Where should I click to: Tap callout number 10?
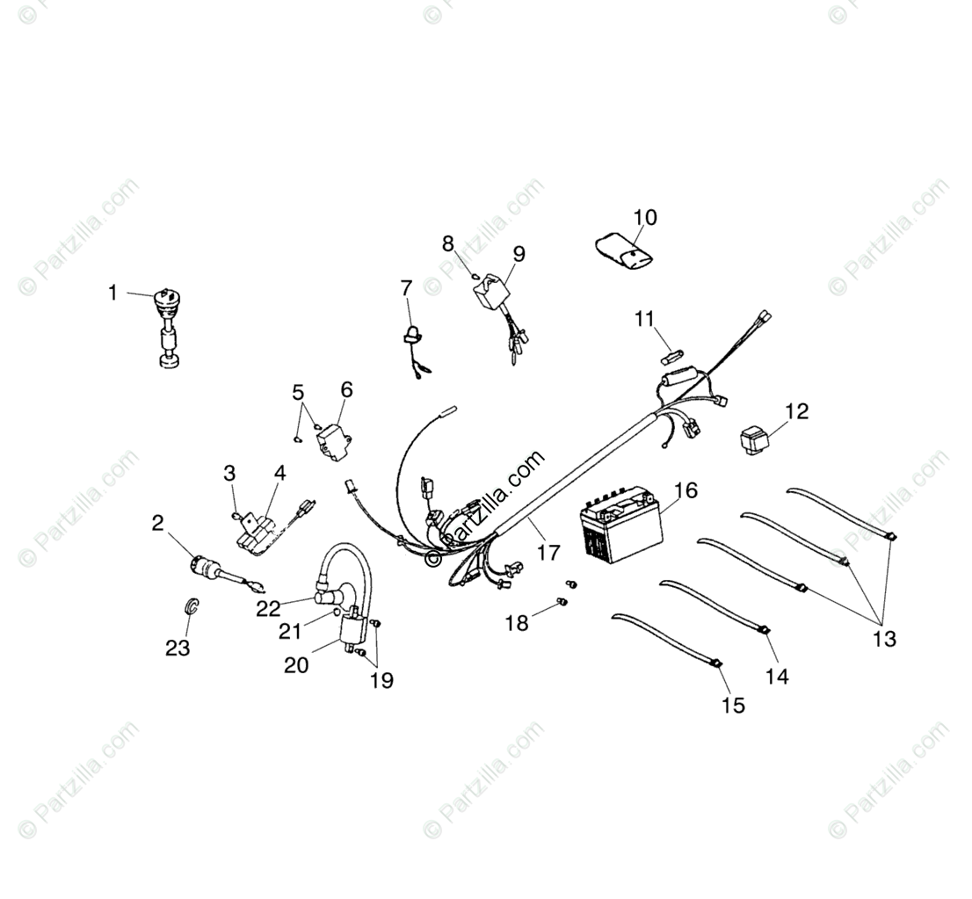point(669,217)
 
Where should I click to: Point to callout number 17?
point(548,553)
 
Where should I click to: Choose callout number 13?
point(884,639)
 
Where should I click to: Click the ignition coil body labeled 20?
point(353,631)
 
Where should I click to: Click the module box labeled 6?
point(332,438)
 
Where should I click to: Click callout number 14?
point(777,676)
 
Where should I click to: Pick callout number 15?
point(733,705)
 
